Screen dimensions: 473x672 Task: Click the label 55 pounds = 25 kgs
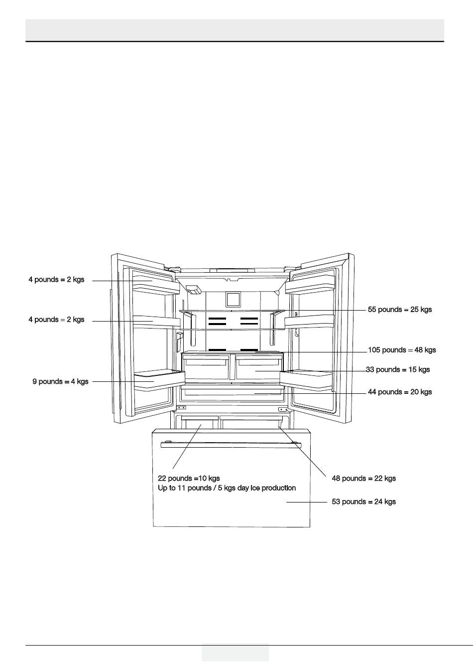(400, 310)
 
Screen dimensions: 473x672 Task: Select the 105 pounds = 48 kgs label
(402, 350)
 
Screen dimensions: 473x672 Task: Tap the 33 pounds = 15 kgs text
(398, 369)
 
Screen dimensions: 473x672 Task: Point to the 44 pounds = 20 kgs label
(400, 392)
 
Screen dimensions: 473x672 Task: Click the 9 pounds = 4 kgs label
(60, 381)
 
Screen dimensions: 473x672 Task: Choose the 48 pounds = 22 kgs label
(363, 479)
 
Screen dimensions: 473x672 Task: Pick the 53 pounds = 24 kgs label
(363, 502)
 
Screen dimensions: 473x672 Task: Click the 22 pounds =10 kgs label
(189, 479)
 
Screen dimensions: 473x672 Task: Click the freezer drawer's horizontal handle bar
(230, 445)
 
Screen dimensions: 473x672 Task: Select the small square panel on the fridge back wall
(233, 300)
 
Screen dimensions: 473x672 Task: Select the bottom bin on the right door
(306, 380)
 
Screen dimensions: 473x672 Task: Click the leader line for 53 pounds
(306, 502)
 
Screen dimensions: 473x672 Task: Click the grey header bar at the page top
(235, 30)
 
